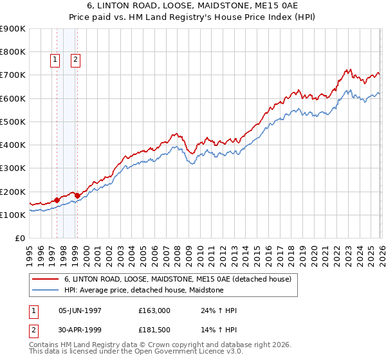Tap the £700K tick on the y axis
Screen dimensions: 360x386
point(13,75)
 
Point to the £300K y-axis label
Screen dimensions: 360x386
point(13,168)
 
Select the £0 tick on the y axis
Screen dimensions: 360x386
point(19,239)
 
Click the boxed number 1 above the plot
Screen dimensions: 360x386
point(55,60)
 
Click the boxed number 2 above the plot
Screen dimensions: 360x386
point(76,60)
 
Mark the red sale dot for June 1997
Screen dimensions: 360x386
point(57,200)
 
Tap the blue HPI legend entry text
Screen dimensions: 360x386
point(143,290)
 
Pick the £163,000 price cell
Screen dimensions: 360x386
point(154,310)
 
